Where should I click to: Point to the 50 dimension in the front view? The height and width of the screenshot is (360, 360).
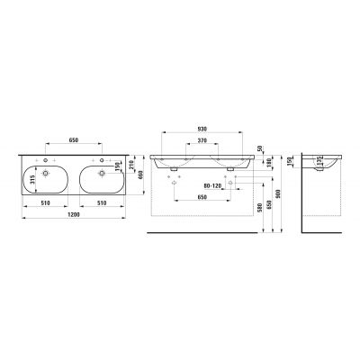pos(260,149)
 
